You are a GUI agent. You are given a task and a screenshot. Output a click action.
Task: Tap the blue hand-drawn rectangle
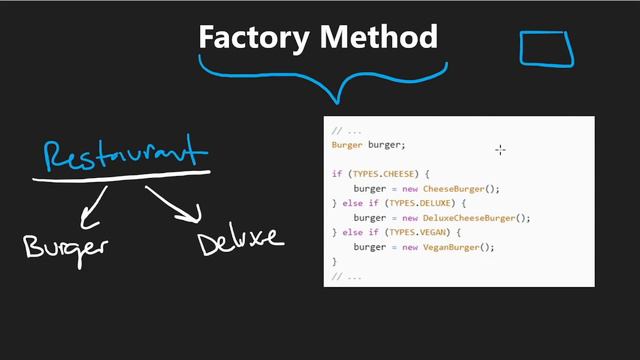click(x=546, y=48)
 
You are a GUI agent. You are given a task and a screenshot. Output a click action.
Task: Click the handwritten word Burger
click(x=66, y=244)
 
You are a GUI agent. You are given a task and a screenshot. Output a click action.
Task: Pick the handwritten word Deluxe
click(x=240, y=241)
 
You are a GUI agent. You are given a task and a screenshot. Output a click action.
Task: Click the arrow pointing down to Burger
click(x=95, y=206)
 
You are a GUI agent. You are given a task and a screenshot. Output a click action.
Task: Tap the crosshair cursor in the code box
click(x=500, y=150)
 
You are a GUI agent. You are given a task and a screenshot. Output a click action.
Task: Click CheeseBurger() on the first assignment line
click(x=461, y=188)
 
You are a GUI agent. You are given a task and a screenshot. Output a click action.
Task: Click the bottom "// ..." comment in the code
click(x=346, y=275)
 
